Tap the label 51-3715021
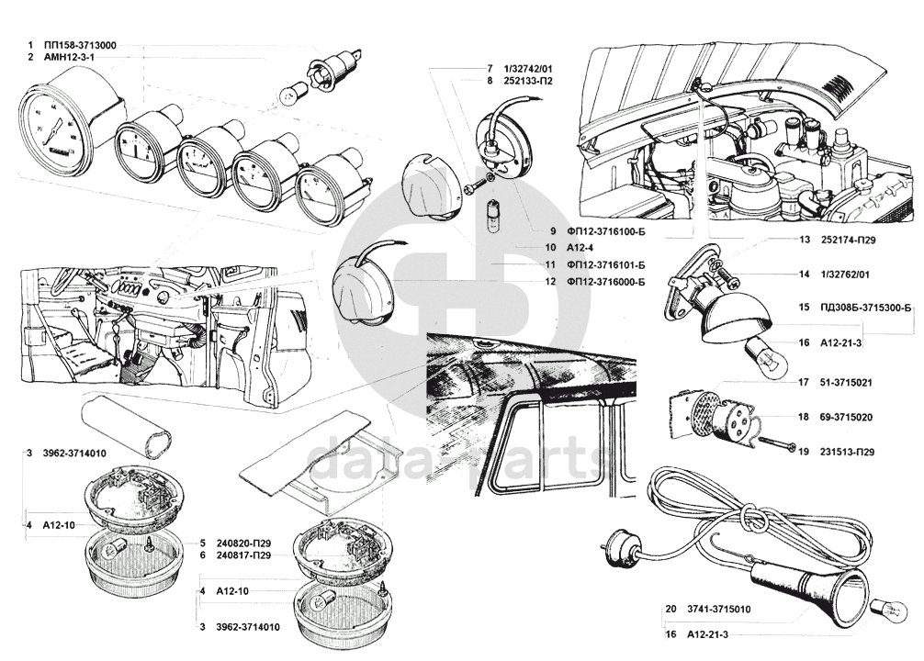click(847, 382)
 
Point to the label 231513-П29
click(848, 452)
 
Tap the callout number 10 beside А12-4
click(524, 247)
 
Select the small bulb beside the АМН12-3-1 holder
click(286, 93)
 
